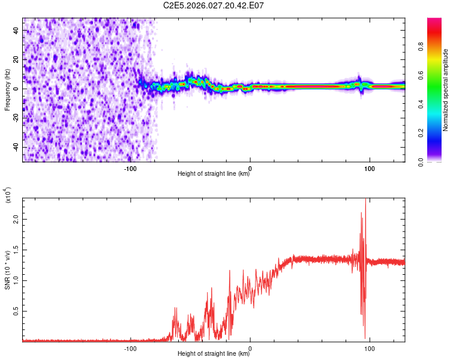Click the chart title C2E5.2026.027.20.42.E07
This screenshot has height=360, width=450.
[x=214, y=5]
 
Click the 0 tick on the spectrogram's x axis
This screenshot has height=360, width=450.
[x=250, y=169]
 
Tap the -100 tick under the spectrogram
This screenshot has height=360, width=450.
[x=130, y=169]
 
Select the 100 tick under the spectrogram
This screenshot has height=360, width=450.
[x=370, y=169]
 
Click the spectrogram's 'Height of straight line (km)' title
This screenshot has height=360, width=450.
[x=214, y=175]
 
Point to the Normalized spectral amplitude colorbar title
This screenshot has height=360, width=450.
[x=446, y=90]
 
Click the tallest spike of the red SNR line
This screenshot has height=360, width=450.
[x=365, y=200]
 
